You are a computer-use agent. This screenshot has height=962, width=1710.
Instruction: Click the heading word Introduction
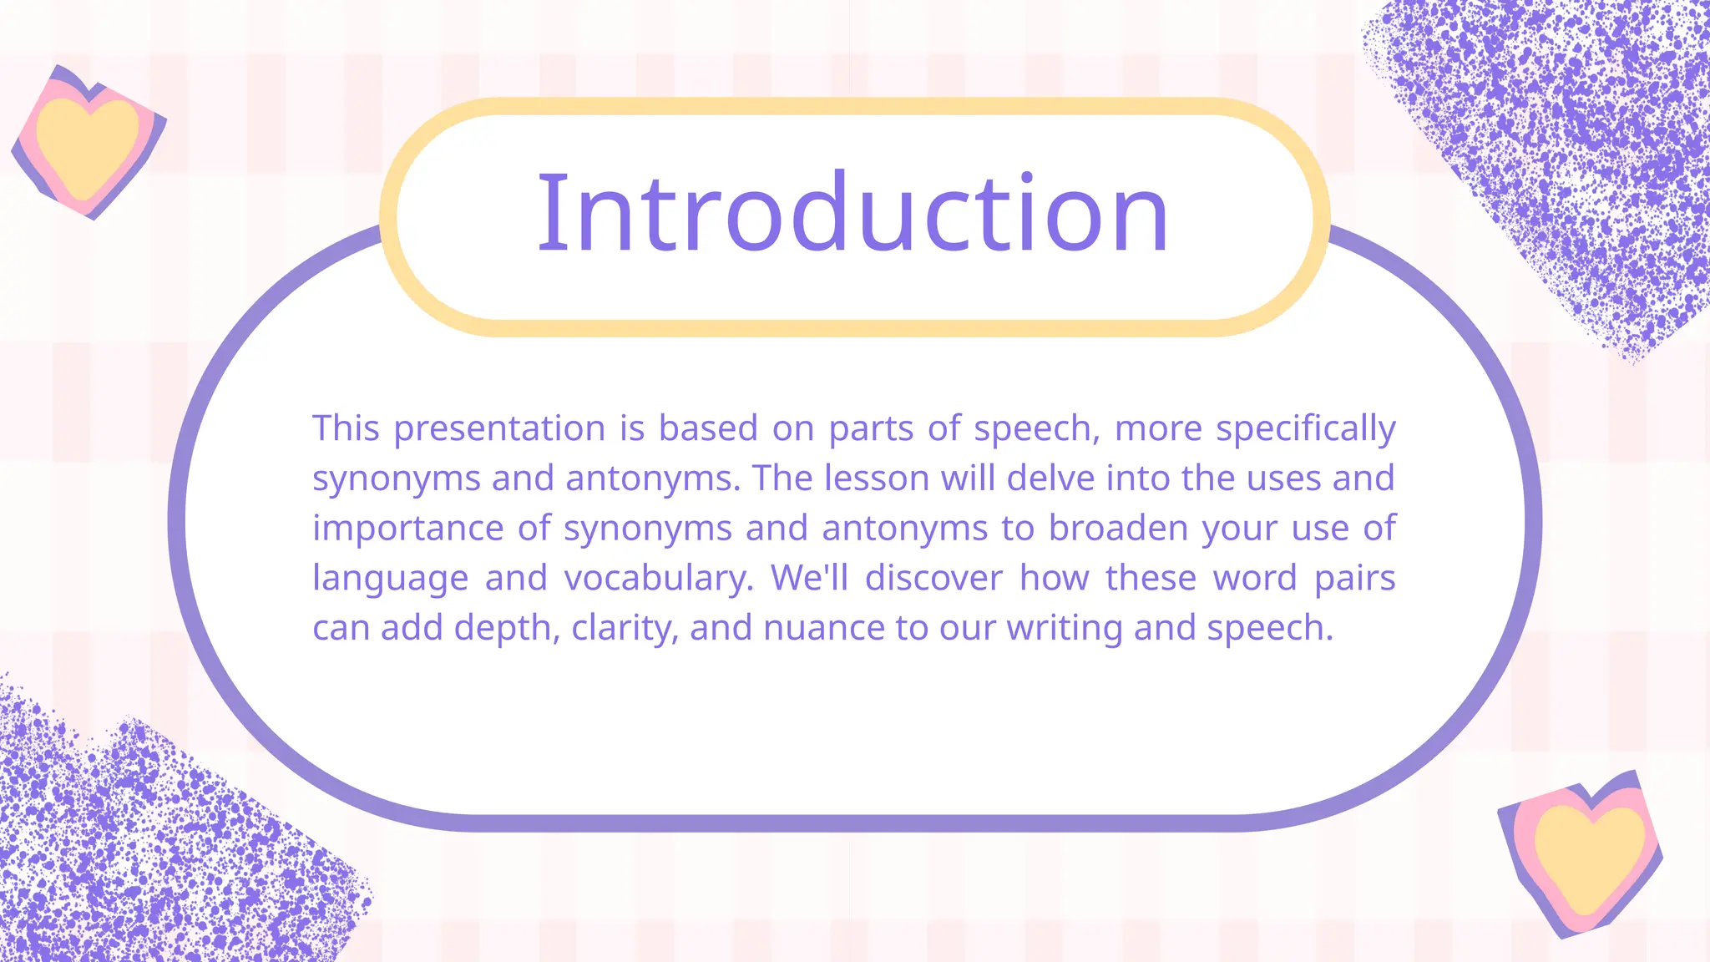(852, 213)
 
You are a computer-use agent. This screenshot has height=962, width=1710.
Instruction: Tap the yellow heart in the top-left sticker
(87, 144)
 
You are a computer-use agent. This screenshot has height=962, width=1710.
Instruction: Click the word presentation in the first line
(499, 429)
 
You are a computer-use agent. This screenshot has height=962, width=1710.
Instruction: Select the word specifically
(1305, 429)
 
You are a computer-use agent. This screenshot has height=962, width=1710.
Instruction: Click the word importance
(407, 529)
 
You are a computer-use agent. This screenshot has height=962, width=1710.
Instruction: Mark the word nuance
(823, 629)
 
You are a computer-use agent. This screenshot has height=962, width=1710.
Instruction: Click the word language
(390, 579)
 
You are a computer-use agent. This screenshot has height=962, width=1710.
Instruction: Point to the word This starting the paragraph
(346, 428)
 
